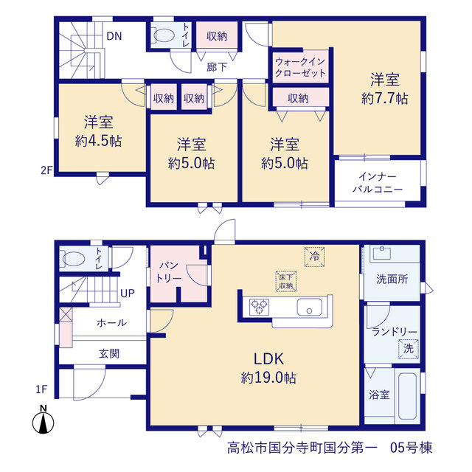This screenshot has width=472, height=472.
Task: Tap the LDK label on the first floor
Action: [268, 359]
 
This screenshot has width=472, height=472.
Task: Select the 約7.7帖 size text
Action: [385, 98]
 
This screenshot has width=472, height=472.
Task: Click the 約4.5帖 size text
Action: [98, 141]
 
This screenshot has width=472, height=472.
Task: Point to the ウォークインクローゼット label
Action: [300, 67]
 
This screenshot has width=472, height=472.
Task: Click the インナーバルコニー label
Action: [378, 183]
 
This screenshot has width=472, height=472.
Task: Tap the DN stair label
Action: [114, 36]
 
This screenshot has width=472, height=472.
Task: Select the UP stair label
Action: [128, 294]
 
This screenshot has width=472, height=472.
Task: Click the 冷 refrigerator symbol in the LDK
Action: [315, 257]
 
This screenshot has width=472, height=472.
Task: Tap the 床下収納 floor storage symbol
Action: [286, 282]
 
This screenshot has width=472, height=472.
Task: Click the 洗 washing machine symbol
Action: [409, 349]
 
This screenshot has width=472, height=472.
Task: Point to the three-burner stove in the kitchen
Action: [259, 308]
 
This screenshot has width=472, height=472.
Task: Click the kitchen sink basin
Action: [310, 307]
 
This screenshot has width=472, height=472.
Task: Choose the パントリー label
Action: [169, 272]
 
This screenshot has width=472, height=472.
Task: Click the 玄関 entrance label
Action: [109, 353]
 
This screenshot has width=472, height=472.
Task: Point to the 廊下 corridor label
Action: [217, 67]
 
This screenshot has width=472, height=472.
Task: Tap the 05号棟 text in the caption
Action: [412, 448]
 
